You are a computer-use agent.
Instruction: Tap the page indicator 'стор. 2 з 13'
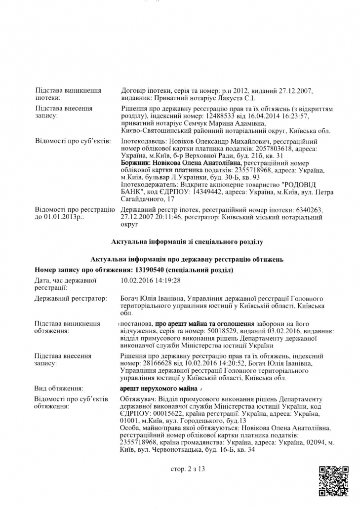coord(187,469)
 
